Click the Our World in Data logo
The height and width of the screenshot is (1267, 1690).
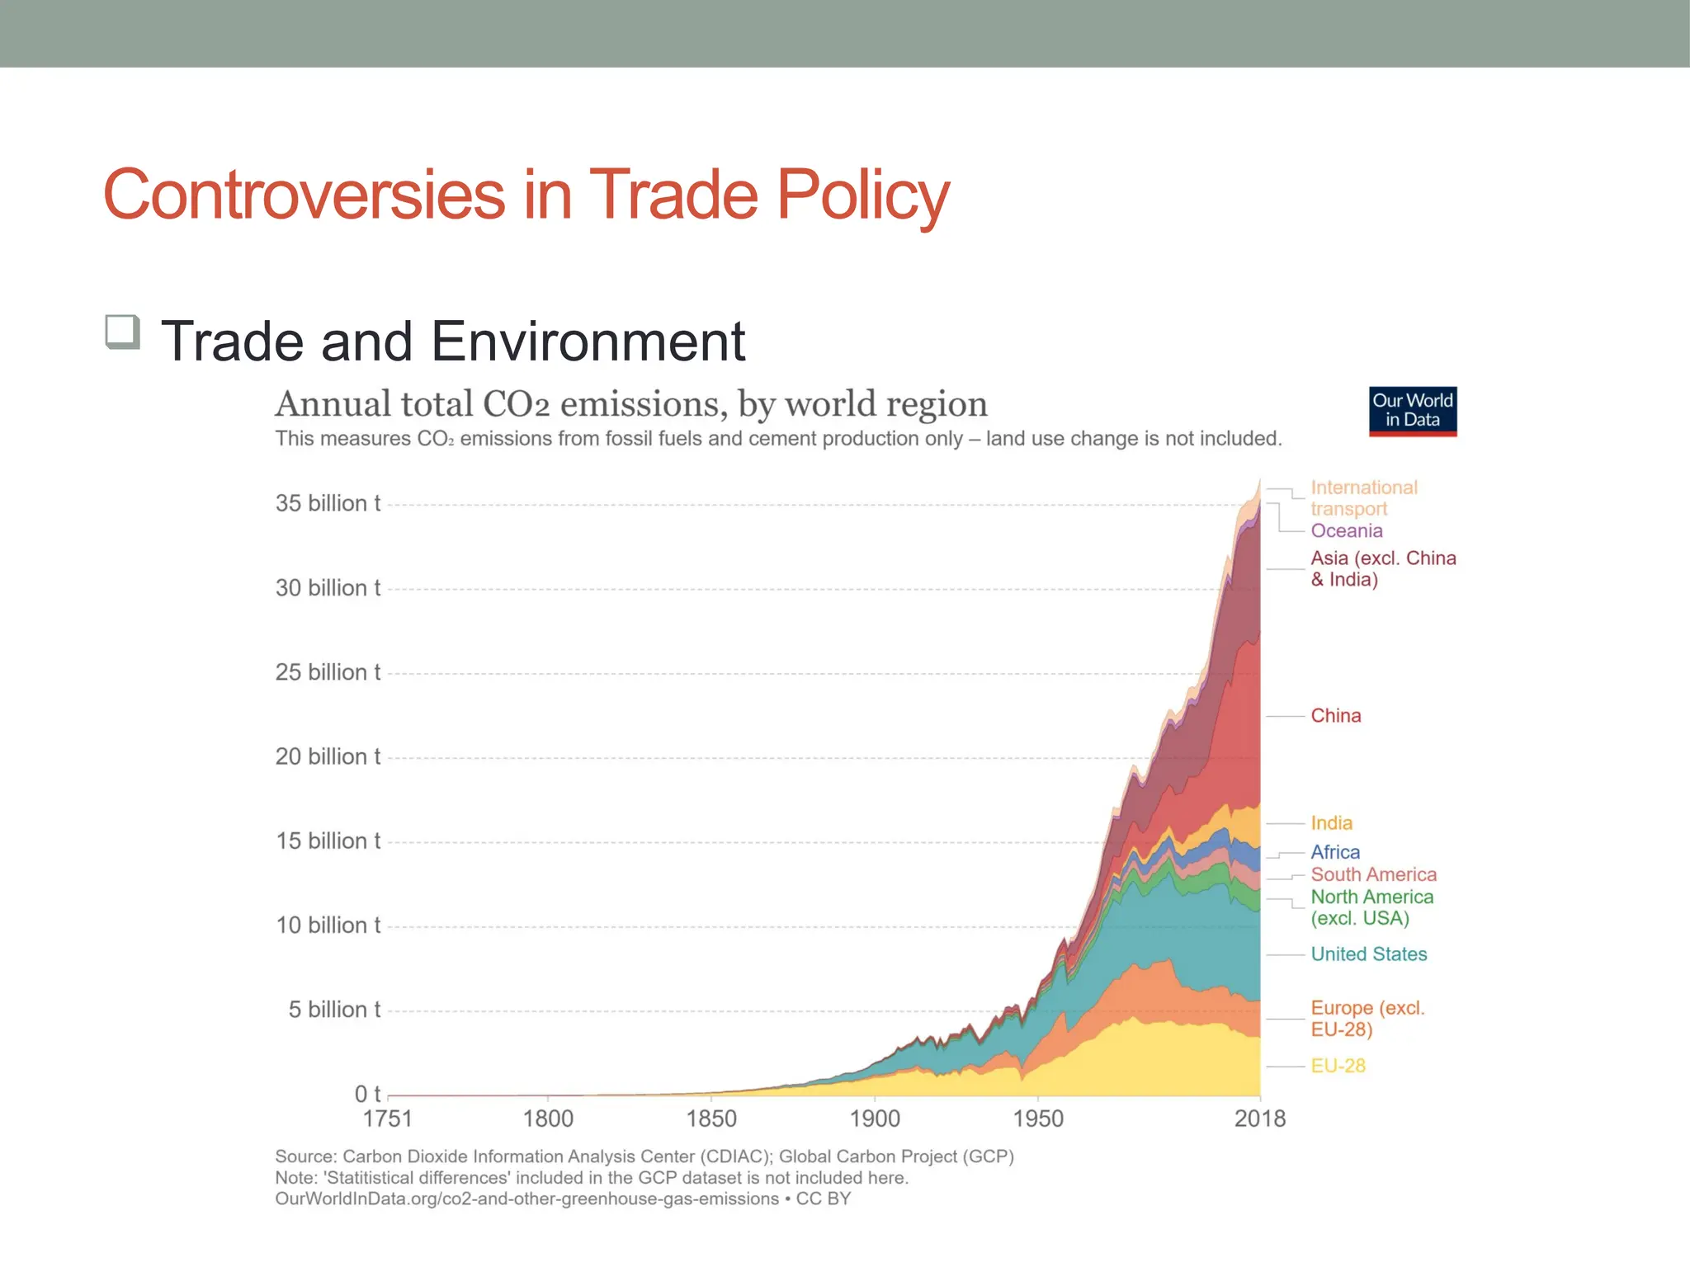point(1413,411)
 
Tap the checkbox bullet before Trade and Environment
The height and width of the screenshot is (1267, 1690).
point(123,332)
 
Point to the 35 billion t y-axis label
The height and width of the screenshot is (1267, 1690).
point(328,503)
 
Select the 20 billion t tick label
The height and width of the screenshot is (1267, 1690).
point(328,756)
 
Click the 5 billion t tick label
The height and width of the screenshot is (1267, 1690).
point(334,1010)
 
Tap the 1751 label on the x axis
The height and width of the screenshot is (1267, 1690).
point(387,1119)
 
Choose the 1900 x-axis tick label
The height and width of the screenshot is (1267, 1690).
point(875,1119)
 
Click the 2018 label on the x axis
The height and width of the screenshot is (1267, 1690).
point(1259,1119)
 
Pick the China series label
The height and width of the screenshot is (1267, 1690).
point(1335,716)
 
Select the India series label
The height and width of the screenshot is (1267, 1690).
point(1331,823)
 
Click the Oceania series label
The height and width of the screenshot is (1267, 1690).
point(1346,531)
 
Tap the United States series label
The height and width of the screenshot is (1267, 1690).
point(1368,954)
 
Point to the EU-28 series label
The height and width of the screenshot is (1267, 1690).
point(1338,1066)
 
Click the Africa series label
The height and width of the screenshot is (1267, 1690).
point(1334,852)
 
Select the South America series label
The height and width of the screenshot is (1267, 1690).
point(1373,874)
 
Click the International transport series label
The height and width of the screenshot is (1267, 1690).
point(1363,498)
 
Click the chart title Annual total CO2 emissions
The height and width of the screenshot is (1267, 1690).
point(630,404)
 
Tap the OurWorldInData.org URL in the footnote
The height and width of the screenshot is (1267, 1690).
point(526,1199)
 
